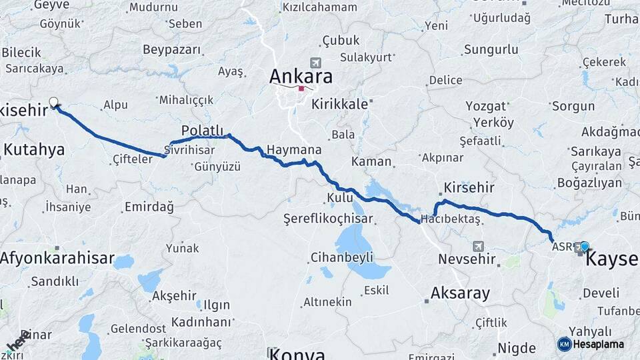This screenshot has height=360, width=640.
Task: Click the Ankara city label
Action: point(301,76)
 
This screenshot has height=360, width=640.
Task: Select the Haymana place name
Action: point(294,149)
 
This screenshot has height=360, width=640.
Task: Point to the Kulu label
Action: point(339,197)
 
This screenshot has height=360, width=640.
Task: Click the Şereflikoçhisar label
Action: point(327,218)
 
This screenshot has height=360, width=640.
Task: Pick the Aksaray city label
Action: point(460,293)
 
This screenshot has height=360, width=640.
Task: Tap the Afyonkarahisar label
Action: point(57,258)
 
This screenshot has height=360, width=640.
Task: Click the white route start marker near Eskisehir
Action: point(53,103)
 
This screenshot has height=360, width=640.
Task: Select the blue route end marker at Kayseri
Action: point(585,247)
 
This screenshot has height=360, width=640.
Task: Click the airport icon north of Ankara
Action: point(315,63)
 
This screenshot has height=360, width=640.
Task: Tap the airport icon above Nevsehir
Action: point(477,245)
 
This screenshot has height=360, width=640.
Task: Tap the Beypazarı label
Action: point(172,50)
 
